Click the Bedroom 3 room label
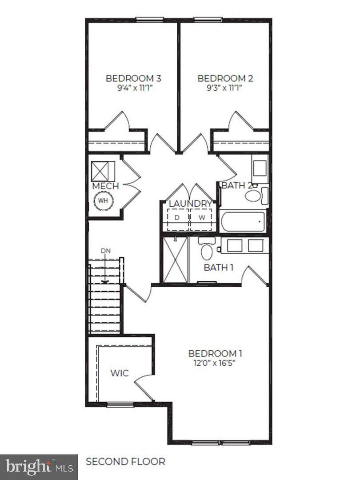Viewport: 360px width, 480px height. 133,78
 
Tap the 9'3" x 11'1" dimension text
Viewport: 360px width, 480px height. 225,88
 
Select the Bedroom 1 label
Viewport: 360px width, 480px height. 215,354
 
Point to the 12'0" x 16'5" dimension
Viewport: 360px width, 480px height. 215,364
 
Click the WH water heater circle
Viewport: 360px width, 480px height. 103,201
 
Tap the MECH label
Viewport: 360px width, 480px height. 106,186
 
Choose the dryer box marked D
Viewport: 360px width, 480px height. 177,220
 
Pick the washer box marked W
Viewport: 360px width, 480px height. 201,220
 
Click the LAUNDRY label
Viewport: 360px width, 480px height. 190,204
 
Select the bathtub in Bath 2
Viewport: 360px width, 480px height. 242,221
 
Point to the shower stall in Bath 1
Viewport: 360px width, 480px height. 176,260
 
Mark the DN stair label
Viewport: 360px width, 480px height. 106,251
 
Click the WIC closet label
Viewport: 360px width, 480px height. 120,373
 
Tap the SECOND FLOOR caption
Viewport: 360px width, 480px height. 125,461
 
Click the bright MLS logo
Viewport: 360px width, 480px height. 39,467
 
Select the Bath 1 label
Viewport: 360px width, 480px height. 219,268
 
